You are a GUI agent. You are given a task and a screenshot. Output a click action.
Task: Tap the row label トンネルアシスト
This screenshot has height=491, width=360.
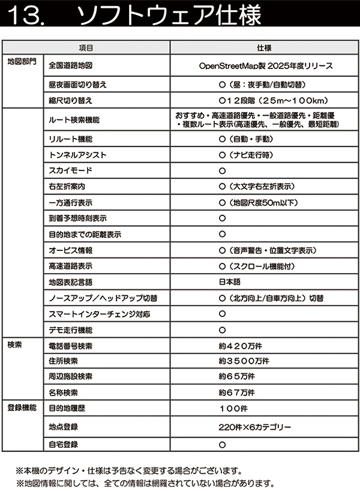click(78, 155)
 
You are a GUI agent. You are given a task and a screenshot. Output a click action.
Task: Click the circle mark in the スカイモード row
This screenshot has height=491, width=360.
click(222, 170)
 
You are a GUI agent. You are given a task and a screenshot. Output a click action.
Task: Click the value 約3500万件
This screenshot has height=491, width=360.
click(244, 361)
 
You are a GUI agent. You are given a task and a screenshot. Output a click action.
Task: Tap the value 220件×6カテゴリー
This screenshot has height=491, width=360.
click(255, 427)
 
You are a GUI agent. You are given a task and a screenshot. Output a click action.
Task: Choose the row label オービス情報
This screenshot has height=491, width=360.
click(70, 250)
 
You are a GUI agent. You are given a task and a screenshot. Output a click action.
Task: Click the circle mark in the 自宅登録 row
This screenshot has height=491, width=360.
click(222, 445)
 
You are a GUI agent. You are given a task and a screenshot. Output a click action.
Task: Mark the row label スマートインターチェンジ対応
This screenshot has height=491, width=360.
click(100, 313)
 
